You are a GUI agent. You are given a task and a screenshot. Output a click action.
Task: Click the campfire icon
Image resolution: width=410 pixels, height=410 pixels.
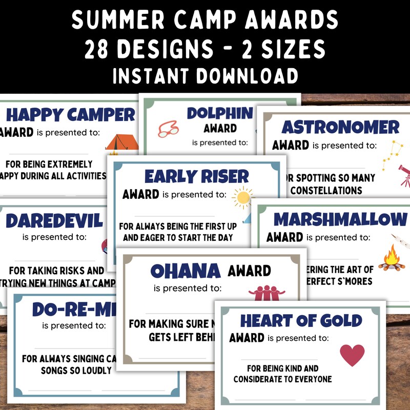[x=392, y=257]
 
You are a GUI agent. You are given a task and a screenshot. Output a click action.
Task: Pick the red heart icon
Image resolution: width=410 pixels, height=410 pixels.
[x=352, y=355]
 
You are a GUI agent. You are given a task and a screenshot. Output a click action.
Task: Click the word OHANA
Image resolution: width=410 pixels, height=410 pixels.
[x=186, y=271]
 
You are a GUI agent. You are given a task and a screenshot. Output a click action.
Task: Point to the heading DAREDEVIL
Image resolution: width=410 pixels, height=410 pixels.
[x=54, y=221]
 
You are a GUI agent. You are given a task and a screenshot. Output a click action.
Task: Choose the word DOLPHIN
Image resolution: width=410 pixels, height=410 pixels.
[x=220, y=113]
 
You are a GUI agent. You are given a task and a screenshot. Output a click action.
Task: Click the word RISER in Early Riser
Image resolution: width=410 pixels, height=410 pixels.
[x=224, y=176]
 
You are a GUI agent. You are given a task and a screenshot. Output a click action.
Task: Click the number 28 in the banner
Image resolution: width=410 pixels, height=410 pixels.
[x=100, y=50]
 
